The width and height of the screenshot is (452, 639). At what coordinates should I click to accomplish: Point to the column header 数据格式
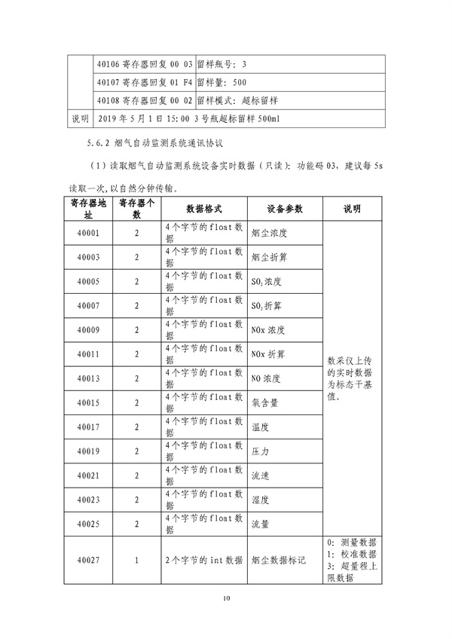[203, 209]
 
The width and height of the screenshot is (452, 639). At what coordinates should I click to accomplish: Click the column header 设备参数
[284, 209]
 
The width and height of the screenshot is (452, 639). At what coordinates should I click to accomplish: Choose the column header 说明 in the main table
[353, 209]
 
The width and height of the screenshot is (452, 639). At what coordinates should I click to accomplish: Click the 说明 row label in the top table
[79, 119]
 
